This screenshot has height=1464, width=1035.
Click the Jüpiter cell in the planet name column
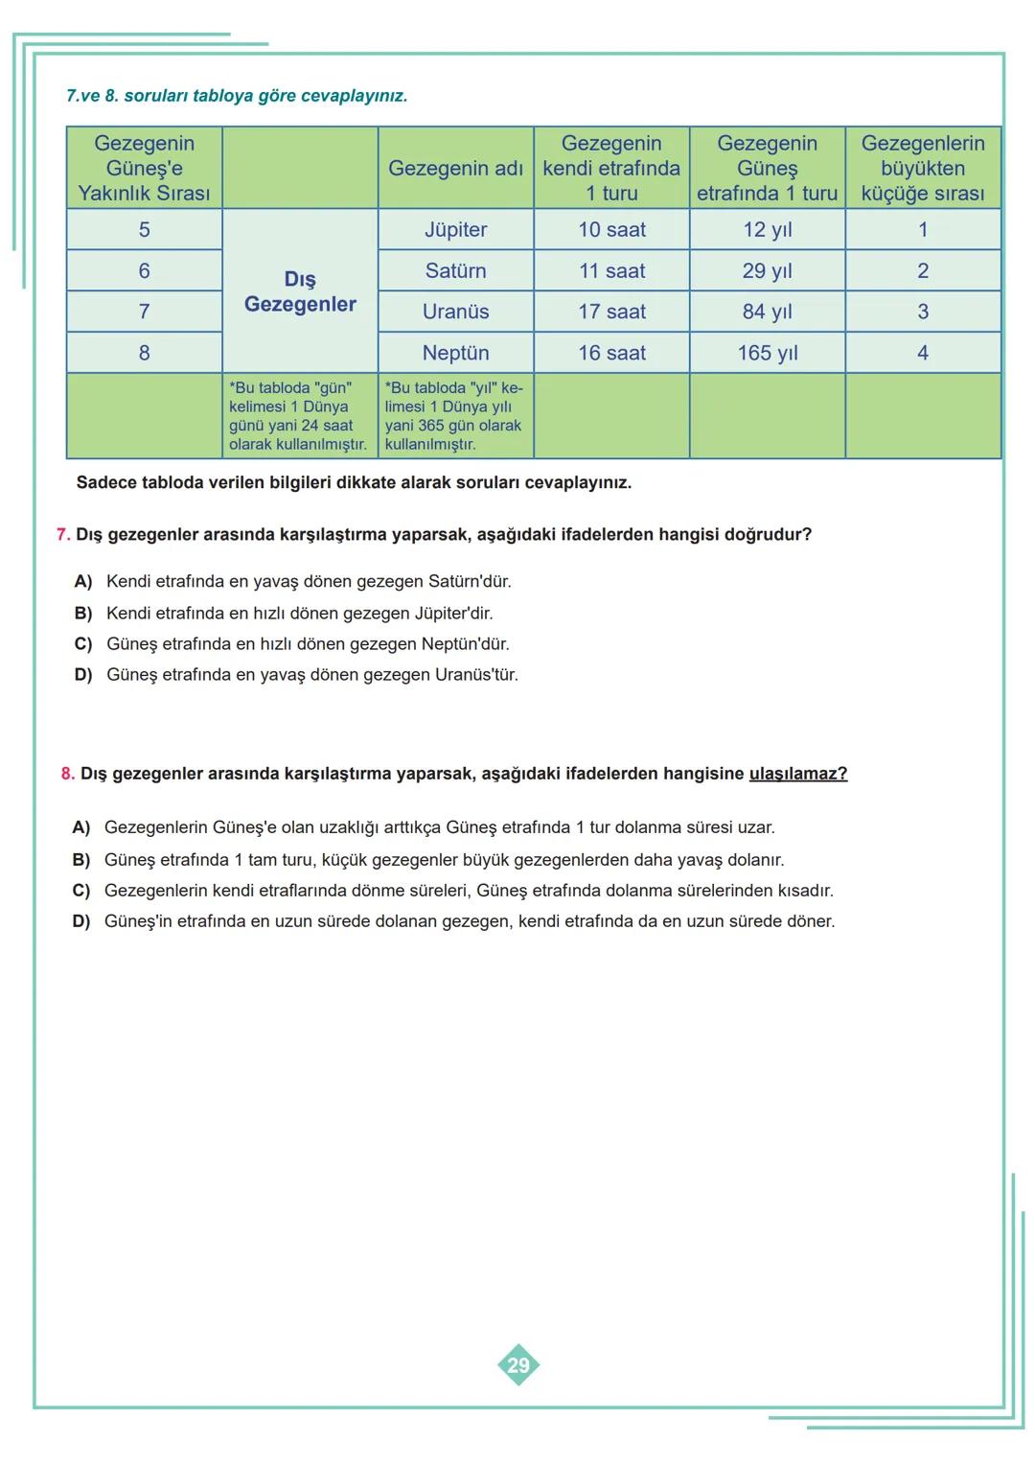coord(455,230)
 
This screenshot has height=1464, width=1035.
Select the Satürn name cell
coord(455,271)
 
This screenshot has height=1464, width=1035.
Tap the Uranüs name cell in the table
coord(455,312)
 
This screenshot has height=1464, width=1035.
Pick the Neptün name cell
coord(455,353)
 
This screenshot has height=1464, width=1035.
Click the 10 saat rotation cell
coord(611,230)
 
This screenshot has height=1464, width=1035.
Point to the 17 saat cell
coord(611,312)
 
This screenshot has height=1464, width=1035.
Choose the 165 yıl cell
coord(767,353)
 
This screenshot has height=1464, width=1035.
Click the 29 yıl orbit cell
coord(767,271)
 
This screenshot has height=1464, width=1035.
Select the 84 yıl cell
coord(767,312)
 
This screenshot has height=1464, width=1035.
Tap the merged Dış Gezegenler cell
coord(300,291)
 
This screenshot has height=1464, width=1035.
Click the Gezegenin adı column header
coord(455,168)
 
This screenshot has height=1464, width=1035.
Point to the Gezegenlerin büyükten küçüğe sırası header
coord(922,168)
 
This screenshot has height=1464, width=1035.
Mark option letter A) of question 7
coord(83,582)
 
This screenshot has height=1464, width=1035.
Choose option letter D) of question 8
coord(81,921)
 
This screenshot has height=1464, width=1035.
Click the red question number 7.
coord(63,535)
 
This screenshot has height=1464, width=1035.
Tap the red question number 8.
coord(67,774)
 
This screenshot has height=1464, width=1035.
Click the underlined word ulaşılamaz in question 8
coord(797,774)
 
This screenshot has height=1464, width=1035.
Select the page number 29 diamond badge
coord(518,1365)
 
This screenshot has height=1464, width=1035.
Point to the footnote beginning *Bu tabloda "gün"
coord(297,416)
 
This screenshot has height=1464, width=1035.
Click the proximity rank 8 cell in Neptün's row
coord(144,353)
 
